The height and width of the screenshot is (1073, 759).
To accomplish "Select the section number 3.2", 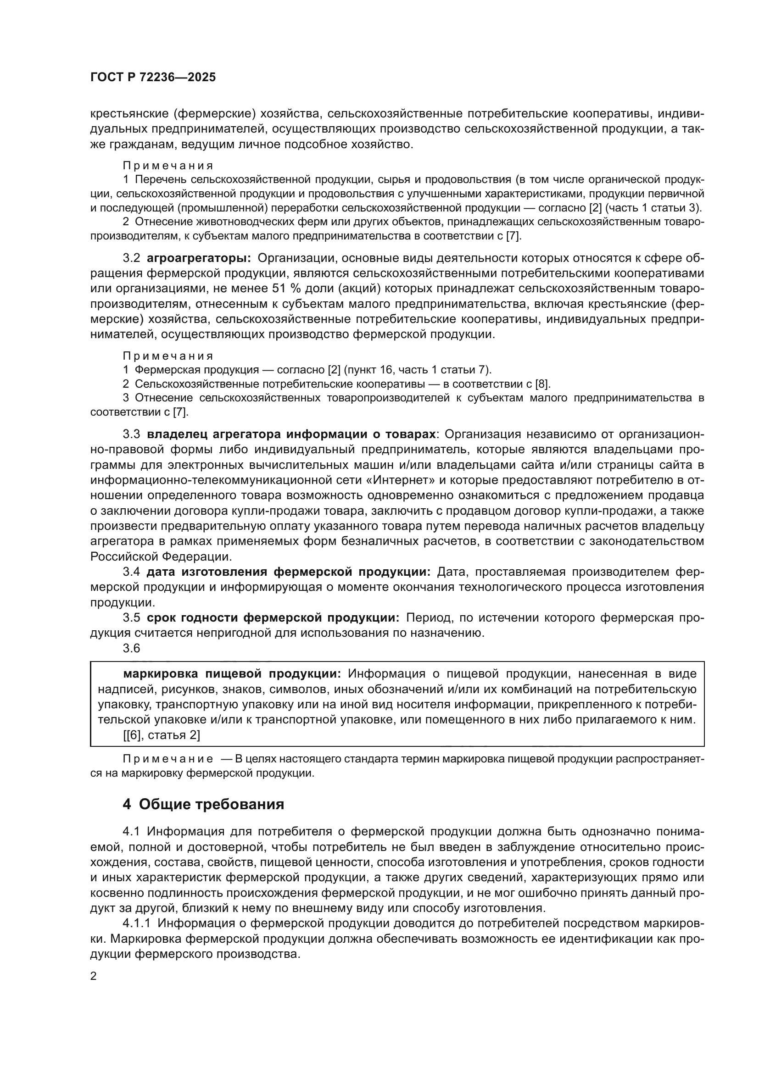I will [131, 258].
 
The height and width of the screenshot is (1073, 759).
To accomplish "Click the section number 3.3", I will [131, 434].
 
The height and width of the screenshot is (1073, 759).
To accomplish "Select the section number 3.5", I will [131, 618].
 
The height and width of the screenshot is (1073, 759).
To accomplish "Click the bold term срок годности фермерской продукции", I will [273, 618].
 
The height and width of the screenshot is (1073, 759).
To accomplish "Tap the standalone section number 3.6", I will [131, 649].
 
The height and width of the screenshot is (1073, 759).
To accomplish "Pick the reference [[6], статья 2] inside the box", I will [162, 735].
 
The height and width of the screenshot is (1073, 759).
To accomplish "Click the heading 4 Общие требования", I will [203, 805].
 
